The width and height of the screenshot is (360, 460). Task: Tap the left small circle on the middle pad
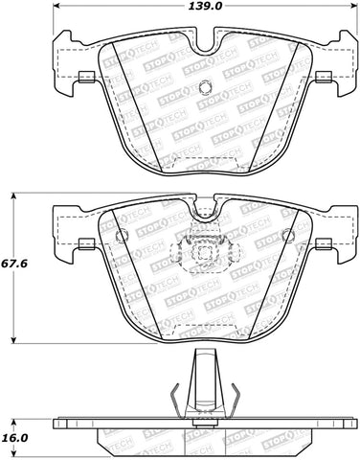point(121,236)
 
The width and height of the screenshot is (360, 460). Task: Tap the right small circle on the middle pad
point(286,236)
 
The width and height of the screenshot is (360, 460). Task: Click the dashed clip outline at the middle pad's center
point(202,254)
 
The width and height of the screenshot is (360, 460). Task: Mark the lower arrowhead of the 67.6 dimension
point(13,340)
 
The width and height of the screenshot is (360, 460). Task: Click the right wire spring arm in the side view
point(233,393)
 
